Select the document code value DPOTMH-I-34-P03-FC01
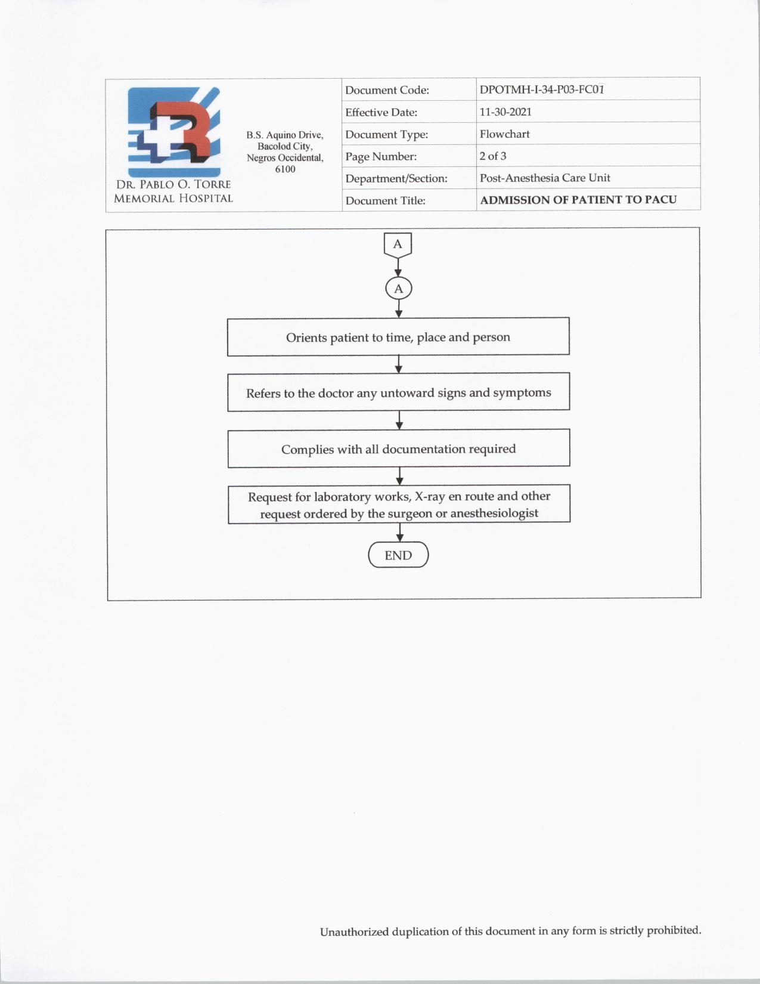click(x=541, y=90)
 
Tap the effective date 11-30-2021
click(x=505, y=112)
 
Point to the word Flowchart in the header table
click(x=504, y=134)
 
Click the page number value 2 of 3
click(x=493, y=156)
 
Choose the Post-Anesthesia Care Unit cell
click(x=545, y=178)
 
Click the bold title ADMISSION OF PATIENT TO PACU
click(x=578, y=200)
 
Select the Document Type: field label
click(x=386, y=135)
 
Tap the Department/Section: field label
click(x=396, y=178)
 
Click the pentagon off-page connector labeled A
click(x=398, y=245)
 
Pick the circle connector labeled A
click(x=399, y=289)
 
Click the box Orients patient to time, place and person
click(x=398, y=337)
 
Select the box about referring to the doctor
click(x=398, y=392)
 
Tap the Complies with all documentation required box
click(x=398, y=448)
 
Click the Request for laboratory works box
click(x=399, y=505)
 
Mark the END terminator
click(x=398, y=555)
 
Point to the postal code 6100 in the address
click(x=285, y=169)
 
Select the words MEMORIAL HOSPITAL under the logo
click(x=173, y=199)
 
